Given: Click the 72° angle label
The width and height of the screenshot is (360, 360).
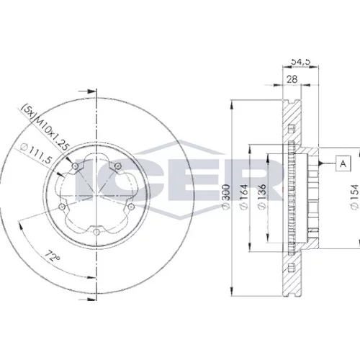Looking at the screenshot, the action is (x=53, y=256).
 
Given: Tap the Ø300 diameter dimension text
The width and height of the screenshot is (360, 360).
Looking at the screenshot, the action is (x=226, y=197).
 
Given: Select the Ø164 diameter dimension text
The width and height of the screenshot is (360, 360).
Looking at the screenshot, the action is (x=243, y=197).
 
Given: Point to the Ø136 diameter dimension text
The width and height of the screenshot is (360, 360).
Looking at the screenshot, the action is (x=261, y=197).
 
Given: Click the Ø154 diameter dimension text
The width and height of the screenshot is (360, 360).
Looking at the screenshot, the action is (x=354, y=197).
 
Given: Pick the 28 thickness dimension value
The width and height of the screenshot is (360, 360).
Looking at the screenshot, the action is (x=292, y=79).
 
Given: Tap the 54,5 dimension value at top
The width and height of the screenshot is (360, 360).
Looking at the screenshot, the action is (x=301, y=61).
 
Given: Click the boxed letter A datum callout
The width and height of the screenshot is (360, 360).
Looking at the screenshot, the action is (x=343, y=163).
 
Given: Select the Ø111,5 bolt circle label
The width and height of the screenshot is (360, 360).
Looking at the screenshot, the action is (x=37, y=153).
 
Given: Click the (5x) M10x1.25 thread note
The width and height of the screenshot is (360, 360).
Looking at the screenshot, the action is (x=45, y=127).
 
